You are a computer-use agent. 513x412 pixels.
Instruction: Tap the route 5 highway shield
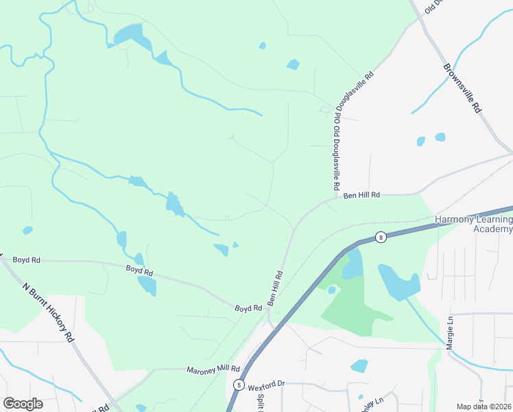[238, 385]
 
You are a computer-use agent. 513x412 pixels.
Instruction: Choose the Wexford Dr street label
[266, 386]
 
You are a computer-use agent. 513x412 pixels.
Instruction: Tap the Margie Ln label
[451, 332]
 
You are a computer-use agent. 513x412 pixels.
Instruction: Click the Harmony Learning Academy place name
[474, 225]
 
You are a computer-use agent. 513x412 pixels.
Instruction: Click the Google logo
[23, 404]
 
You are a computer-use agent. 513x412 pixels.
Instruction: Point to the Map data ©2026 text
[484, 407]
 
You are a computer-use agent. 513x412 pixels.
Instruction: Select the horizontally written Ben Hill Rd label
[361, 196]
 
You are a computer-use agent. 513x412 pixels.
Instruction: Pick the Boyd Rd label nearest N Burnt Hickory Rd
[26, 260]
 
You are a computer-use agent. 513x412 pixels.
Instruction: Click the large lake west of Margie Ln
[398, 282]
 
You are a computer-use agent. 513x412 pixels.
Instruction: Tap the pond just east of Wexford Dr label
[359, 366]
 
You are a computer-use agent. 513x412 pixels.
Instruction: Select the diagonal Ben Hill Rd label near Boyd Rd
[275, 288]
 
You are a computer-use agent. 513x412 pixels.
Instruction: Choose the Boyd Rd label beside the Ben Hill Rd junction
[248, 308]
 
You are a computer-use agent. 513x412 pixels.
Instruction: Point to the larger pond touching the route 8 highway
[352, 264]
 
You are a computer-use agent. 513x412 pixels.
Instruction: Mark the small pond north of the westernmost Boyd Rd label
[27, 231]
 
